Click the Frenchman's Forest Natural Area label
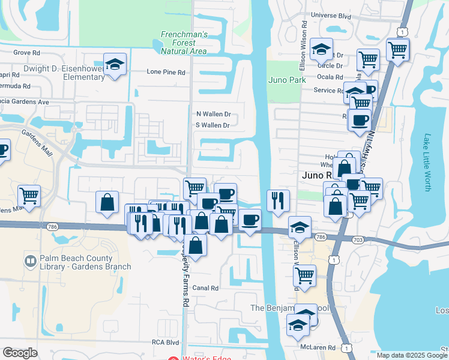pyautogui.click(x=184, y=43)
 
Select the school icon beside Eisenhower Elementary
pyautogui.click(x=114, y=65)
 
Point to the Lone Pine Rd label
pyautogui.click(x=166, y=72)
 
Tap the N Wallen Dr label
pyautogui.click(x=213, y=114)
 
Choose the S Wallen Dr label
pyautogui.click(x=213, y=125)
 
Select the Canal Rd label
pyautogui.click(x=205, y=288)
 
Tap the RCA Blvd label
pyautogui.click(x=165, y=343)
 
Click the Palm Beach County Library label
pyautogui.click(x=85, y=262)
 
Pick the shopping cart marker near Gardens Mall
pyautogui.click(x=29, y=196)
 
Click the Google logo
pyautogui.click(x=20, y=353)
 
